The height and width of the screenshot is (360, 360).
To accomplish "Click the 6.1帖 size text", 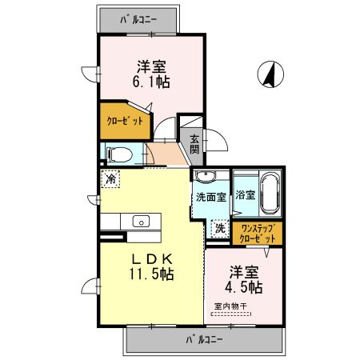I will pyautogui.click(x=150, y=81).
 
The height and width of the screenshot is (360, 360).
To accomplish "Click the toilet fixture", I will pyautogui.click(x=118, y=152).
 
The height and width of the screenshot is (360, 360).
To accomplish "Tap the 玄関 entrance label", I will pyautogui.click(x=194, y=143).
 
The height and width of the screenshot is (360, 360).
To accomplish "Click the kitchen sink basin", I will pyautogui.click(x=141, y=222).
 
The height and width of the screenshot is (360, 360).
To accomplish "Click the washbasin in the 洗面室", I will pyautogui.click(x=206, y=178).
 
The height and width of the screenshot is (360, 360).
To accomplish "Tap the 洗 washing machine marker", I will pyautogui.click(x=218, y=229).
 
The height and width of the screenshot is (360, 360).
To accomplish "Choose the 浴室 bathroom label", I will pyautogui.click(x=245, y=194).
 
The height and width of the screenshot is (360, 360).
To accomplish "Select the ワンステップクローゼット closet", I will pyautogui.click(x=258, y=233).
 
